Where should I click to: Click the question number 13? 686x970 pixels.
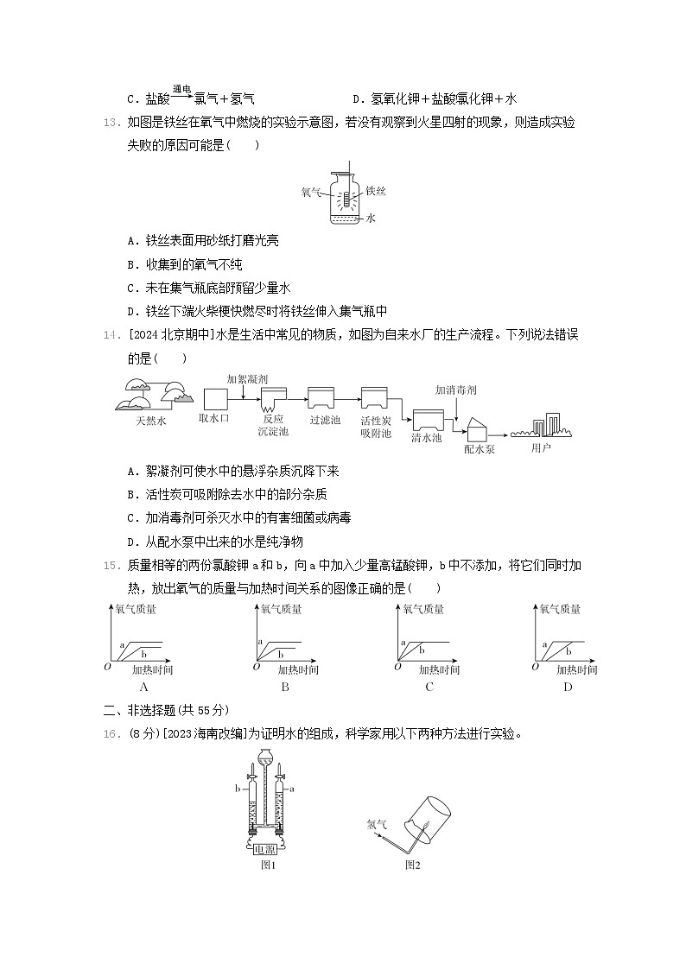tap(110, 123)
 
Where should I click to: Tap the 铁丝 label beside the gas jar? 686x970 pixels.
tap(375, 191)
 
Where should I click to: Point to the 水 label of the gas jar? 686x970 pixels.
tap(371, 219)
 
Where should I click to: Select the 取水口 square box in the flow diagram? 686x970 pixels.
tap(214, 398)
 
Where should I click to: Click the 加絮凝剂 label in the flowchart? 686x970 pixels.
tap(247, 378)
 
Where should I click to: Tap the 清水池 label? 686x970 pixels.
tap(427, 437)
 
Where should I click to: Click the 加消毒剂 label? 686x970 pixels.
tap(455, 390)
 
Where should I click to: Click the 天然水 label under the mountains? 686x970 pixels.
tap(150, 421)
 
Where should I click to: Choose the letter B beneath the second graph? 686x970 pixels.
tap(284, 687)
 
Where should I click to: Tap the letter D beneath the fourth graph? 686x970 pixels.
tap(567, 687)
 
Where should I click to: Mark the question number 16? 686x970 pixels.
tap(110, 734)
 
